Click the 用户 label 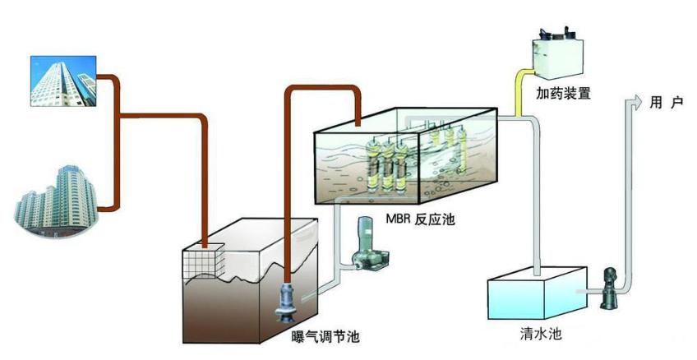(x=666, y=103)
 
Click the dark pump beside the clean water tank (x=609, y=288)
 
